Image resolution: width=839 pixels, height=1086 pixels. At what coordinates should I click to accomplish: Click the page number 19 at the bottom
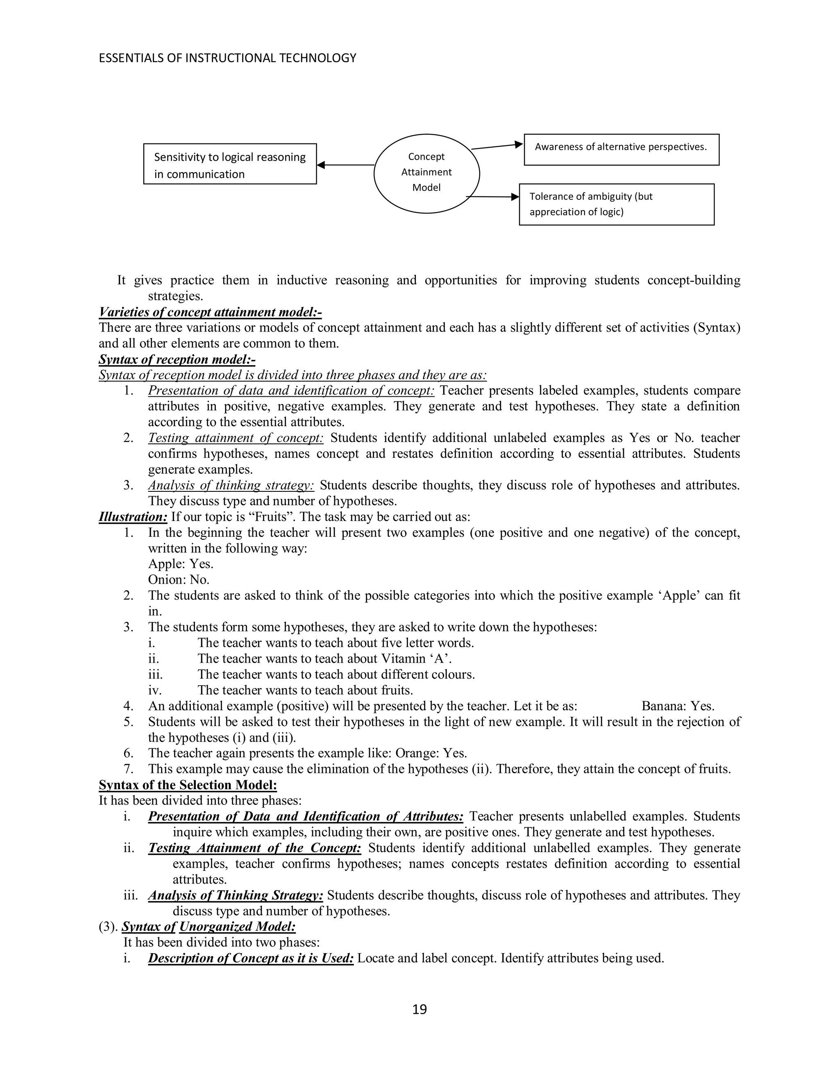click(x=419, y=1009)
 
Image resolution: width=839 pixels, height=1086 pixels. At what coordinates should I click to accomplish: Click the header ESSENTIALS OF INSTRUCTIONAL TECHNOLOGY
click(x=228, y=58)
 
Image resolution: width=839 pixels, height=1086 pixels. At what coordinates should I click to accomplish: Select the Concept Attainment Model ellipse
click(x=426, y=172)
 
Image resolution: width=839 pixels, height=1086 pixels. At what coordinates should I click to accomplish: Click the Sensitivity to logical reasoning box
click(x=230, y=165)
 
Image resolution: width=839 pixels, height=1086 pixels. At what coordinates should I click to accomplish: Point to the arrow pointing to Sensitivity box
click(x=345, y=165)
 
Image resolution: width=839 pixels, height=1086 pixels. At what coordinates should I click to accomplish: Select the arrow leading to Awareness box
click(x=497, y=146)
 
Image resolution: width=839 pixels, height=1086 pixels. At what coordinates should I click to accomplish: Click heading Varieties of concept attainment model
click(x=210, y=312)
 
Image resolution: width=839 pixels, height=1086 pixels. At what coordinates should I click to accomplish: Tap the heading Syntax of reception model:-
click(x=177, y=359)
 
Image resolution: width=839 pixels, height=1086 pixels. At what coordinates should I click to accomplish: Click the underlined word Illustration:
click(x=133, y=517)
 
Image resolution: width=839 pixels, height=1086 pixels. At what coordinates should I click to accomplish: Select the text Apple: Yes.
click(x=180, y=564)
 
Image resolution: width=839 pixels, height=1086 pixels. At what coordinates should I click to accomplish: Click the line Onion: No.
click(x=179, y=580)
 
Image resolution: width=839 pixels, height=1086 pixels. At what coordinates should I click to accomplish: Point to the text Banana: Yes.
click(x=678, y=706)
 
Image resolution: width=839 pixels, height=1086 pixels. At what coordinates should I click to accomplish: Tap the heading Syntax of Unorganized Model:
click(x=209, y=927)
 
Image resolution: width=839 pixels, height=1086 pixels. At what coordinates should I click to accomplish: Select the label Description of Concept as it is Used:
click(x=250, y=958)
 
